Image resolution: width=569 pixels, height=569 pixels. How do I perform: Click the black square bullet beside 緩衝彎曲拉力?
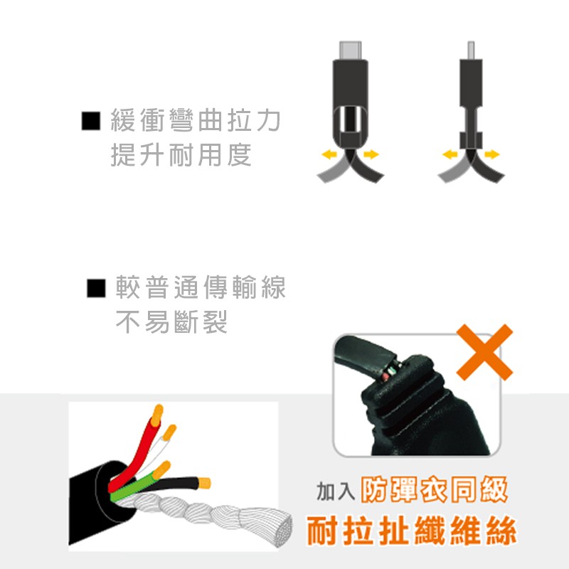click(x=91, y=120)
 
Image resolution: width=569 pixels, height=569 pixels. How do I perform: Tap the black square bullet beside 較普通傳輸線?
click(x=96, y=288)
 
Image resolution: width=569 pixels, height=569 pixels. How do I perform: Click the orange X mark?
click(x=484, y=352)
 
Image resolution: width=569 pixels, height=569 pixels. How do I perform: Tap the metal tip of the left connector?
click(x=350, y=50)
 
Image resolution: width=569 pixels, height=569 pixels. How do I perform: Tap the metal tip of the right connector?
click(x=471, y=50)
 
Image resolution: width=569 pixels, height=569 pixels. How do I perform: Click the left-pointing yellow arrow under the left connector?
click(x=329, y=154)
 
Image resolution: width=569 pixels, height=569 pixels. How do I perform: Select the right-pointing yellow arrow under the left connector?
click(x=371, y=154)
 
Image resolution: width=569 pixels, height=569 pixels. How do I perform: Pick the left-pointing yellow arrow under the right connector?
click(x=450, y=154)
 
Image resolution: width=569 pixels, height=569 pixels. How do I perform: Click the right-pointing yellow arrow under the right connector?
click(x=491, y=154)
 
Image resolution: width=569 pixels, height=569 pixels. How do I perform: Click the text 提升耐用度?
click(x=181, y=155)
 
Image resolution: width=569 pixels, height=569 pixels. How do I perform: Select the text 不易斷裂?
click(x=171, y=321)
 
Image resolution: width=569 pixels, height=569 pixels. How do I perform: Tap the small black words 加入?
click(x=336, y=491)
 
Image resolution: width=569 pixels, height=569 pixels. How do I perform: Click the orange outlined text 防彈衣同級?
click(x=434, y=490)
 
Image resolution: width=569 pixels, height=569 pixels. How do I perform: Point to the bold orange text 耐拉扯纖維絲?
click(x=412, y=531)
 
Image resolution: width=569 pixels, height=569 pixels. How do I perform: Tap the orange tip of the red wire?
click(x=156, y=415)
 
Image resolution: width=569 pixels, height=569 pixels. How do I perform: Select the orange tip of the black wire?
click(x=205, y=483)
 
